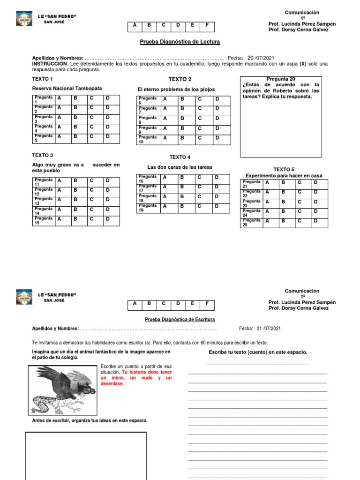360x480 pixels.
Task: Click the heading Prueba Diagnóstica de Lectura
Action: pos(180,42)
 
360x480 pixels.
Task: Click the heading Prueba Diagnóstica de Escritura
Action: pos(180,319)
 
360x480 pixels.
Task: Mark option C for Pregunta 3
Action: pos(92,118)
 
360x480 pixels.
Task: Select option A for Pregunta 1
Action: pos(60,98)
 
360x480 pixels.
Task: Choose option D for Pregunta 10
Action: pos(217,138)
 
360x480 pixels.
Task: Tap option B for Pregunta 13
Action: pos(74,199)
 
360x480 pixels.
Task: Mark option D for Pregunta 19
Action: pos(217,206)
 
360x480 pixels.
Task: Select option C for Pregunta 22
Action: pos(299,192)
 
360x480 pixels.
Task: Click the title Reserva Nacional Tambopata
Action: pos(67,88)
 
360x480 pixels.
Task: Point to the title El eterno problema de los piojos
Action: pos(176,89)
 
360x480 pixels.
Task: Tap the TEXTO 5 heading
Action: pos(284,169)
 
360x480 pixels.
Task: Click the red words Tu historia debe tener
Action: pos(147,372)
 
